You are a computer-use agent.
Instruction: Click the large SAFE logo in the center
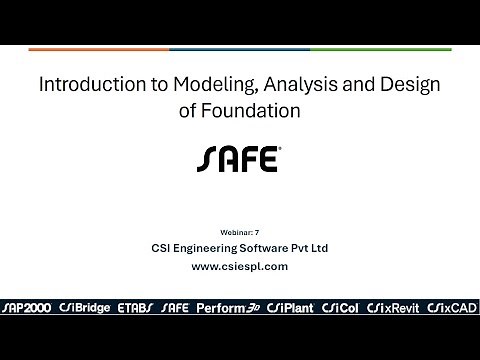click(239, 159)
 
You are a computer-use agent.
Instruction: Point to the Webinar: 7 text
click(239, 232)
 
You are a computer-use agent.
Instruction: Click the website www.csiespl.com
click(239, 266)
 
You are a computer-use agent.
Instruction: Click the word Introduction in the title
click(84, 87)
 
